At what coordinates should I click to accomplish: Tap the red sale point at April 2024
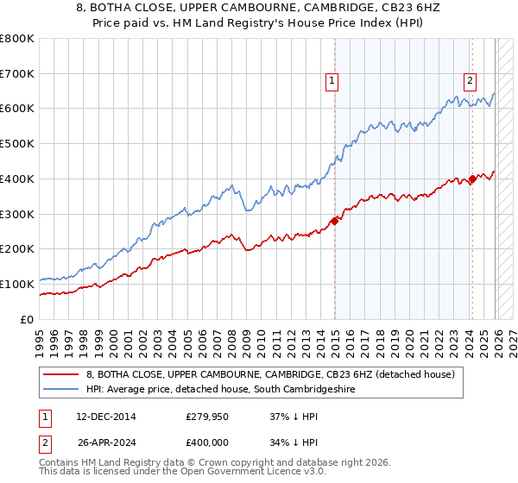pyautogui.click(x=472, y=179)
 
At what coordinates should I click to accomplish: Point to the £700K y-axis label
pyautogui.click(x=17, y=74)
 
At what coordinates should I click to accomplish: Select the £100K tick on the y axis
pyautogui.click(x=17, y=284)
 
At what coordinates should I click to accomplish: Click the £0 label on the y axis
pyautogui.click(x=28, y=319)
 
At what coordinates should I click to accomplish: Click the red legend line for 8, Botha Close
pyautogui.click(x=61, y=374)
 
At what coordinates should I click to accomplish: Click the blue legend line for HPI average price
pyautogui.click(x=61, y=390)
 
